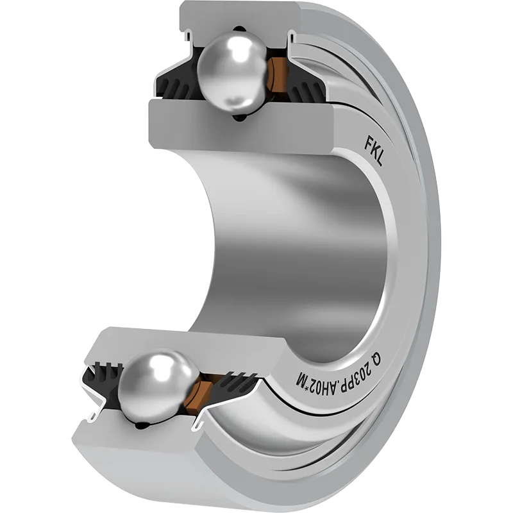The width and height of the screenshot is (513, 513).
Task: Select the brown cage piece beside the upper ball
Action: click(x=277, y=74)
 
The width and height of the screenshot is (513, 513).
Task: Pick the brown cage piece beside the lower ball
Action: click(x=197, y=396)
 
